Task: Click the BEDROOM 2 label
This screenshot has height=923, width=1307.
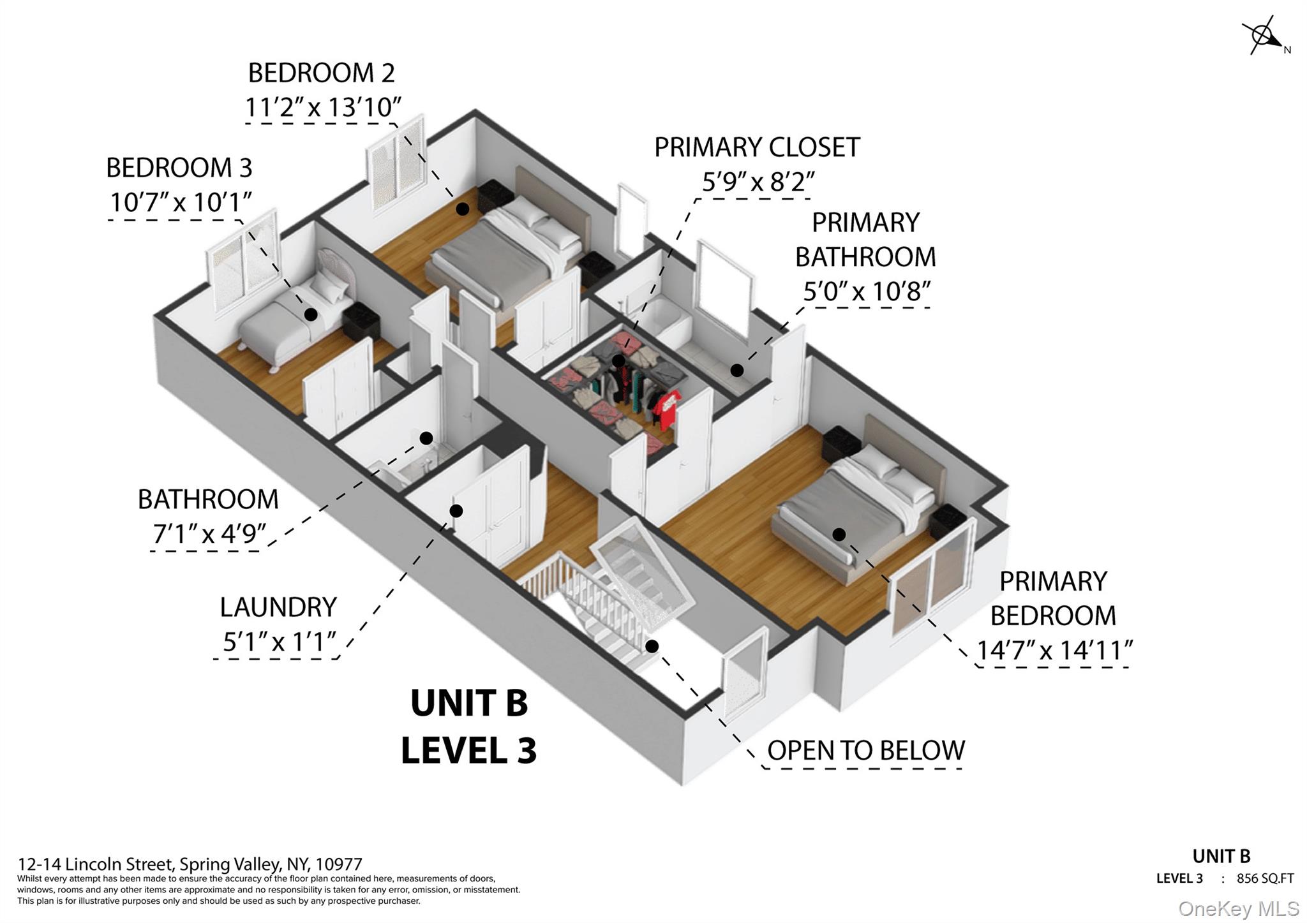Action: [x=321, y=73]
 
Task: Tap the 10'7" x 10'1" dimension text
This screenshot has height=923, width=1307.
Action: [x=181, y=202]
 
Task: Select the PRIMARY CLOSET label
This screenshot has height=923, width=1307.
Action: [x=757, y=147]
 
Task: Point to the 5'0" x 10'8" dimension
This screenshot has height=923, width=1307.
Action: [x=866, y=292]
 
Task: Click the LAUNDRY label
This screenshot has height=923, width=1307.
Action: [x=278, y=607]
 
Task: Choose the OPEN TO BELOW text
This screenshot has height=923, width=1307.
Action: [x=865, y=751]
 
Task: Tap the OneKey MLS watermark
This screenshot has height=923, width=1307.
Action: [x=1238, y=908]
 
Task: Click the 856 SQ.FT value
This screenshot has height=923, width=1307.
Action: [x=1265, y=878]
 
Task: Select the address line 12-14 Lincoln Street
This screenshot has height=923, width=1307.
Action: [x=190, y=864]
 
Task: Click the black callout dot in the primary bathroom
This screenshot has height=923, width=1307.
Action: [x=736, y=370]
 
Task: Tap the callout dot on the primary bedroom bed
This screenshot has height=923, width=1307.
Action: [x=839, y=535]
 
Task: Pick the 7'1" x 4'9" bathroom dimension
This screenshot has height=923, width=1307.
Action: [x=209, y=533]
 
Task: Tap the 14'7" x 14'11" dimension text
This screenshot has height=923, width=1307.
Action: [x=1054, y=651]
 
